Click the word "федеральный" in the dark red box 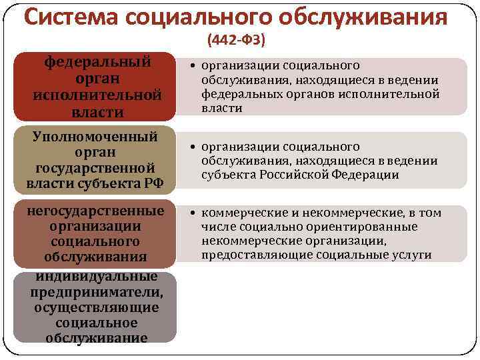click(x=97, y=62)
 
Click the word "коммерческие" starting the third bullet click(x=235, y=213)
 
